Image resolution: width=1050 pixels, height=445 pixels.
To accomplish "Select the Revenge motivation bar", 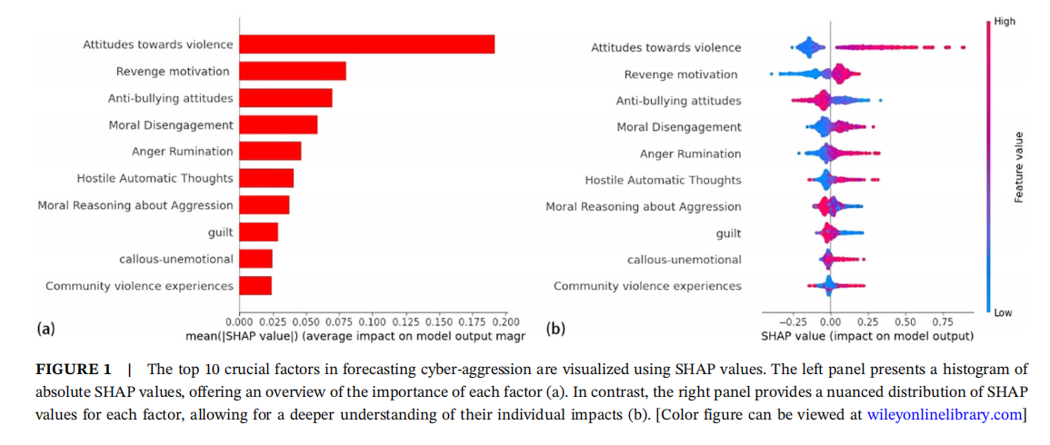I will click(x=292, y=71).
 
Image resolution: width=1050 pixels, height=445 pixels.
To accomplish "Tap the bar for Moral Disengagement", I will click(x=277, y=124).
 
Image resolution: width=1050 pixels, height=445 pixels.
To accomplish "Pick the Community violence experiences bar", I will click(x=255, y=286).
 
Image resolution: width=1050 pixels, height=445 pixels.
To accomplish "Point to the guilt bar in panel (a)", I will click(x=258, y=232).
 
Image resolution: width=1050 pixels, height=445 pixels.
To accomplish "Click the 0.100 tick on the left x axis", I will click(x=372, y=321).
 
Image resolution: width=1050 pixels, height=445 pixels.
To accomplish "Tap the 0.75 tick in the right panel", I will click(x=943, y=321).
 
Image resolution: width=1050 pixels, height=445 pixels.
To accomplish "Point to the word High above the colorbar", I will click(x=1005, y=21).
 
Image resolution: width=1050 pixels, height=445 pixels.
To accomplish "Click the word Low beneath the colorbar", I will click(x=1004, y=312).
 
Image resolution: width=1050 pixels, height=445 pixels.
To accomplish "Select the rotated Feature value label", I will click(x=1019, y=167).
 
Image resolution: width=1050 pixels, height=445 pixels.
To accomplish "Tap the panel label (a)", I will click(x=45, y=329).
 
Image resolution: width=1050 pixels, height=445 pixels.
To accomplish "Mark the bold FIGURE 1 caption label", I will click(x=73, y=370).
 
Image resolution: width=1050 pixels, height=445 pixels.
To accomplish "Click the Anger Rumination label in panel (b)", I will click(x=690, y=153).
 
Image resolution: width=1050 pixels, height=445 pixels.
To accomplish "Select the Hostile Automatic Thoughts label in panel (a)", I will click(x=155, y=178).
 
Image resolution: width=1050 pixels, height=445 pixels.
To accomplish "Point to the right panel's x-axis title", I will click(x=866, y=336).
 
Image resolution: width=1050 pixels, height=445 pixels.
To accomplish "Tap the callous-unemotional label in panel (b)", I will click(x=684, y=260).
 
